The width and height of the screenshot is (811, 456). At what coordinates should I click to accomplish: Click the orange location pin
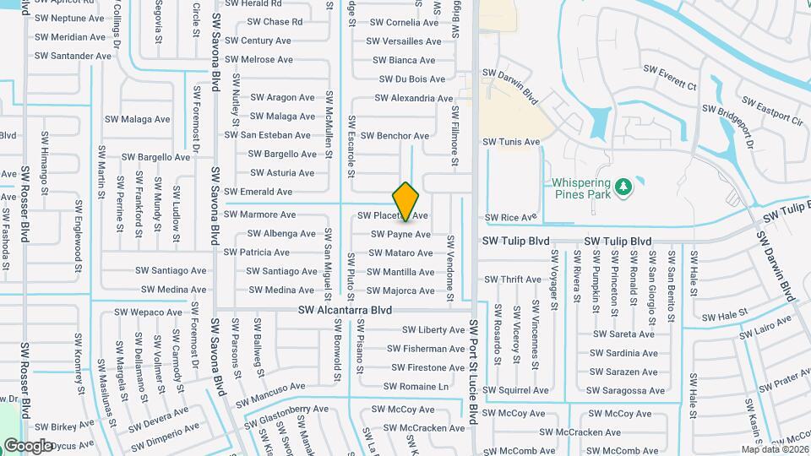tap(405, 201)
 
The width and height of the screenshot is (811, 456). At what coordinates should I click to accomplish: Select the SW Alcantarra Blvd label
tap(345, 310)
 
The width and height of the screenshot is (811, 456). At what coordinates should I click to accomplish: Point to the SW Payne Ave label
tap(400, 234)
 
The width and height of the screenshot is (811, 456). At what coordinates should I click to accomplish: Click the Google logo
tap(28, 445)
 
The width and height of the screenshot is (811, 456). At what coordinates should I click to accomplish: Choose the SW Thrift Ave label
tap(512, 280)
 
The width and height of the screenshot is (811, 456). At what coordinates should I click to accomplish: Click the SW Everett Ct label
tap(670, 77)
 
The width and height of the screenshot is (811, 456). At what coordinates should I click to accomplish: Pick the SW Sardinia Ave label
tap(623, 354)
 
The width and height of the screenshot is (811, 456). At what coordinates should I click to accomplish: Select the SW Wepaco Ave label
tap(150, 312)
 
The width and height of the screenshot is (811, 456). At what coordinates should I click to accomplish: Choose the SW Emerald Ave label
tap(258, 193)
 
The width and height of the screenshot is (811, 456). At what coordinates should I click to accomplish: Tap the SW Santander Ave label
tap(73, 56)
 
